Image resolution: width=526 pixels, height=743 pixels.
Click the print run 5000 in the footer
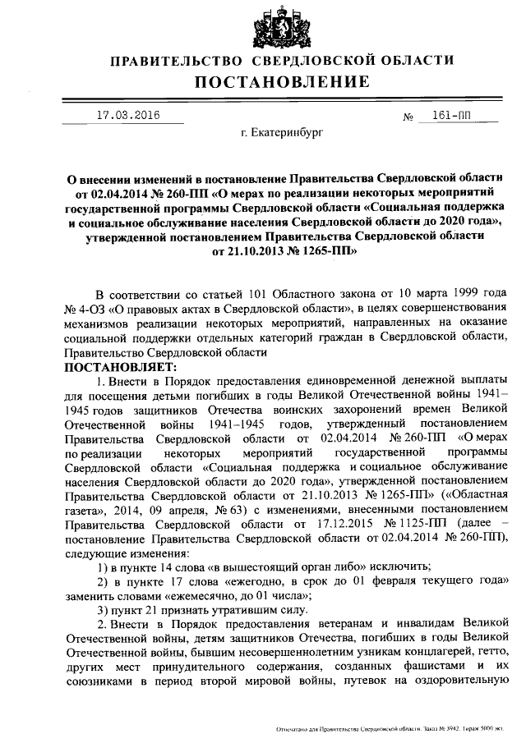click(x=490, y=729)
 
